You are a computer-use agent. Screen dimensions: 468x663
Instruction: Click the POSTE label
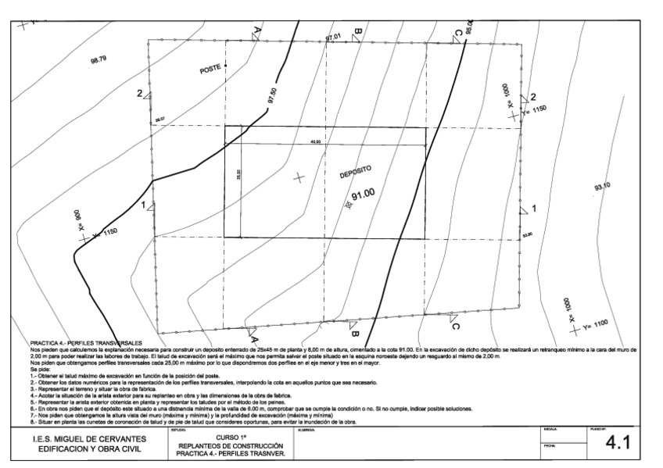211,70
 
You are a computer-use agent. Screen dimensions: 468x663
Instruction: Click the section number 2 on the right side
532,97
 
